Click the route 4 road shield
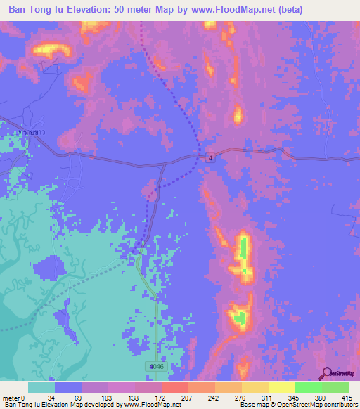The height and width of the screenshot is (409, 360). [210, 158]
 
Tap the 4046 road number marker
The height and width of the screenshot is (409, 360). [156, 367]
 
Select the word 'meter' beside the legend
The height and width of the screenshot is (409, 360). [11, 398]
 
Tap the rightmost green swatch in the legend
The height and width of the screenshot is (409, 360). [335, 387]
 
